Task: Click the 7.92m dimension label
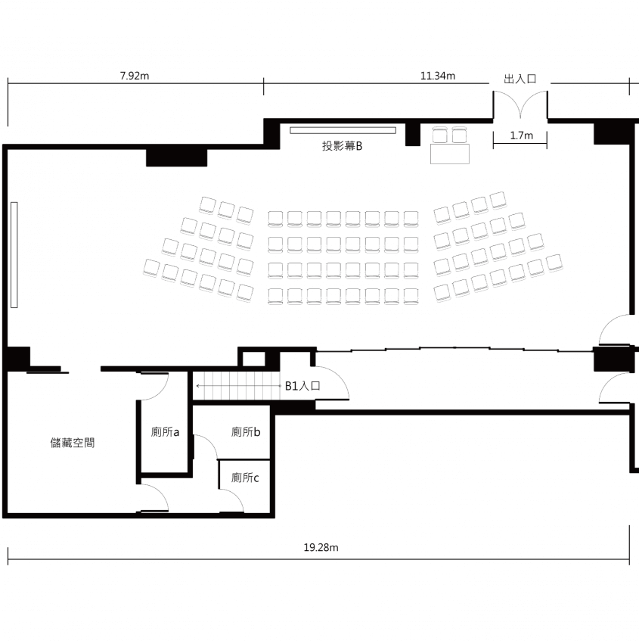click(135, 76)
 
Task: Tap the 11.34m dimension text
click(438, 76)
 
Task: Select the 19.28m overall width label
click(321, 547)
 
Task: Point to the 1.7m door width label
click(521, 135)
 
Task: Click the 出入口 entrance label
click(520, 79)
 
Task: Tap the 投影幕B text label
click(342, 146)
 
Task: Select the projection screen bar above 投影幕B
click(343, 130)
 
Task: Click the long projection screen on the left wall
click(14, 255)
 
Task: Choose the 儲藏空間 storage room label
click(73, 443)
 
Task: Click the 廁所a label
click(165, 432)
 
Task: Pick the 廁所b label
click(246, 431)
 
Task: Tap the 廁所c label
click(245, 478)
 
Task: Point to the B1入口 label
click(302, 386)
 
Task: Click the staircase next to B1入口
click(236, 386)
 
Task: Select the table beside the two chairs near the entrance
click(449, 154)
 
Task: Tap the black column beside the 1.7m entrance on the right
click(612, 132)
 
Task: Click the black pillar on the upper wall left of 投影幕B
click(176, 158)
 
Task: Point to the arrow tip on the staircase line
click(197, 386)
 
